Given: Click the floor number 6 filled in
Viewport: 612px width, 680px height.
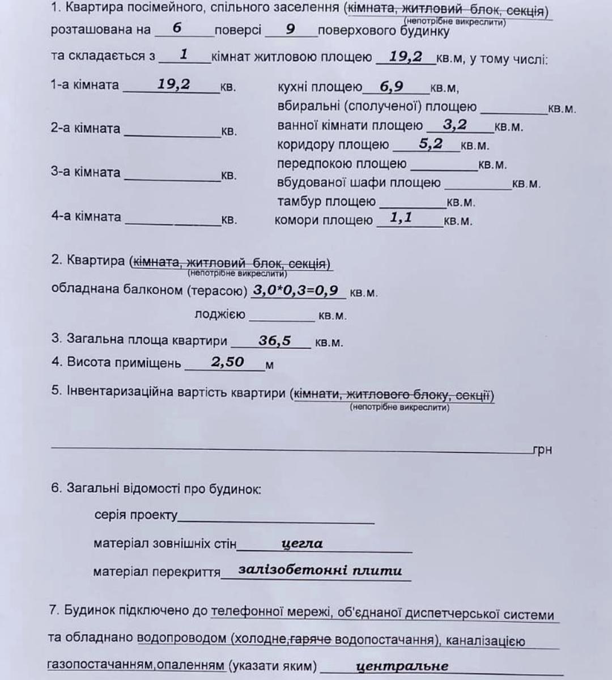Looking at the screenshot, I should [x=177, y=28].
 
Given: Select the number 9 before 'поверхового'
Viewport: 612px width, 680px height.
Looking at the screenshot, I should [x=290, y=29].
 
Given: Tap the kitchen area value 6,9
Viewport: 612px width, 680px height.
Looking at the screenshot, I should [x=392, y=87].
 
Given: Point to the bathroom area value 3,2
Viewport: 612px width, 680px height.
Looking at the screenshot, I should [x=455, y=125].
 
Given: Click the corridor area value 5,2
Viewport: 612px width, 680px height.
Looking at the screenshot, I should [x=431, y=144].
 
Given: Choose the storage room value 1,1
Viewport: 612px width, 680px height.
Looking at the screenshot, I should [x=401, y=218].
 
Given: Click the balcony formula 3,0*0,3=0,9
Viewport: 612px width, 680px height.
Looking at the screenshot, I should [x=295, y=291].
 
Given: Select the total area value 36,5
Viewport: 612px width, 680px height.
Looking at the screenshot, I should [x=275, y=341].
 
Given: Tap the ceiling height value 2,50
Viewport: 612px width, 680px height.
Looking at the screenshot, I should [x=227, y=362].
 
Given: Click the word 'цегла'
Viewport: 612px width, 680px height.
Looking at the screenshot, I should [x=302, y=543].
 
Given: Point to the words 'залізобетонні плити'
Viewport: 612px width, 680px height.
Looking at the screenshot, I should [x=320, y=570].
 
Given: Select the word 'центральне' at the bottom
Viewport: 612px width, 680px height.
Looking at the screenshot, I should [x=402, y=666].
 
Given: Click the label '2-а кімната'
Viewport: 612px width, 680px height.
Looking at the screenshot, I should [x=86, y=129].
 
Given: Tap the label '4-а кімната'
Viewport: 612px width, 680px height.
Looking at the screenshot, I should [x=86, y=216].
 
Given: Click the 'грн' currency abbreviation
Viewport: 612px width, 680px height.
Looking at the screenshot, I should [x=542, y=450].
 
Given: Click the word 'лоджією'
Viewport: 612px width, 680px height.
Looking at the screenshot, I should [x=220, y=314].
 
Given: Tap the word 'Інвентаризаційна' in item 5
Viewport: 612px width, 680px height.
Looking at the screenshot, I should [x=119, y=392].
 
